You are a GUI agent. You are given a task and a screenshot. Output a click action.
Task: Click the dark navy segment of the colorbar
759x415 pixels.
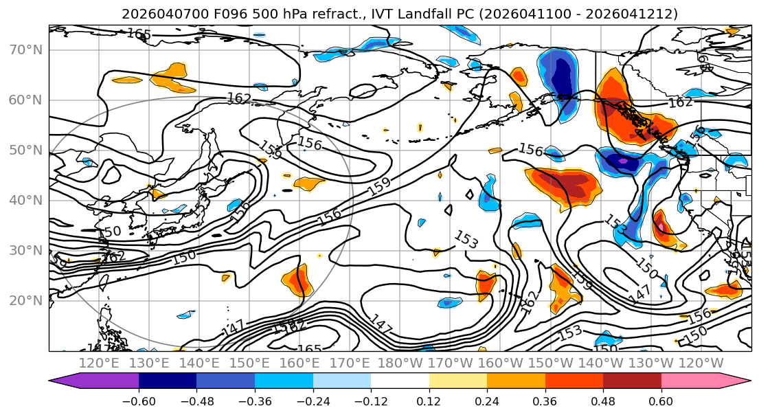(168, 382)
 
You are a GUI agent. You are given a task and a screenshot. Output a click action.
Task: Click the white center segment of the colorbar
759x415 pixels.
(400, 382)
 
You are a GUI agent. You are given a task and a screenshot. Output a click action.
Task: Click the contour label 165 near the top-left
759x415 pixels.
(139, 34)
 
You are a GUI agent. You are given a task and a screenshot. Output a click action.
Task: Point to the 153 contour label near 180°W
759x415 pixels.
(466, 240)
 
